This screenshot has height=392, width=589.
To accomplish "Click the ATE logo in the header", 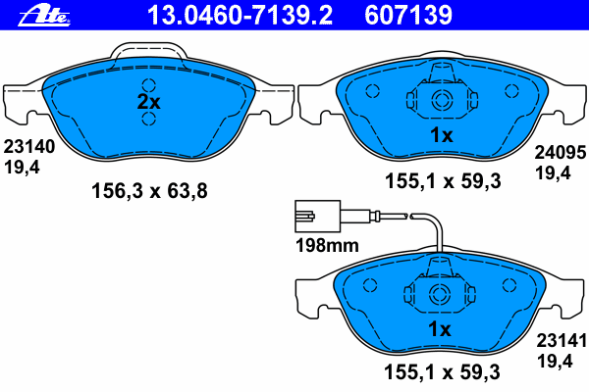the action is point(44,17).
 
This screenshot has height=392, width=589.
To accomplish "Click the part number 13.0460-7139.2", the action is point(241,15).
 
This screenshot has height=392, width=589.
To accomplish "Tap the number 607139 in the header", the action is point(408,15).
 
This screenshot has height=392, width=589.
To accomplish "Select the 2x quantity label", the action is point(149,102).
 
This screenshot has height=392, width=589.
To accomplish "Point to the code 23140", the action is point(29,147).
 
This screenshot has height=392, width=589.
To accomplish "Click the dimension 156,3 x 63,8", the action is point(149,190).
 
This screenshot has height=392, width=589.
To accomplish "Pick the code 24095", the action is point(561,152).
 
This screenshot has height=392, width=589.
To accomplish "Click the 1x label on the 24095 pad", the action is point(442,135).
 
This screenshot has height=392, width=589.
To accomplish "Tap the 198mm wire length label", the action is point(327,246).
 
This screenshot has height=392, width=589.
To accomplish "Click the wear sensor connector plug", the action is point(317,216).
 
